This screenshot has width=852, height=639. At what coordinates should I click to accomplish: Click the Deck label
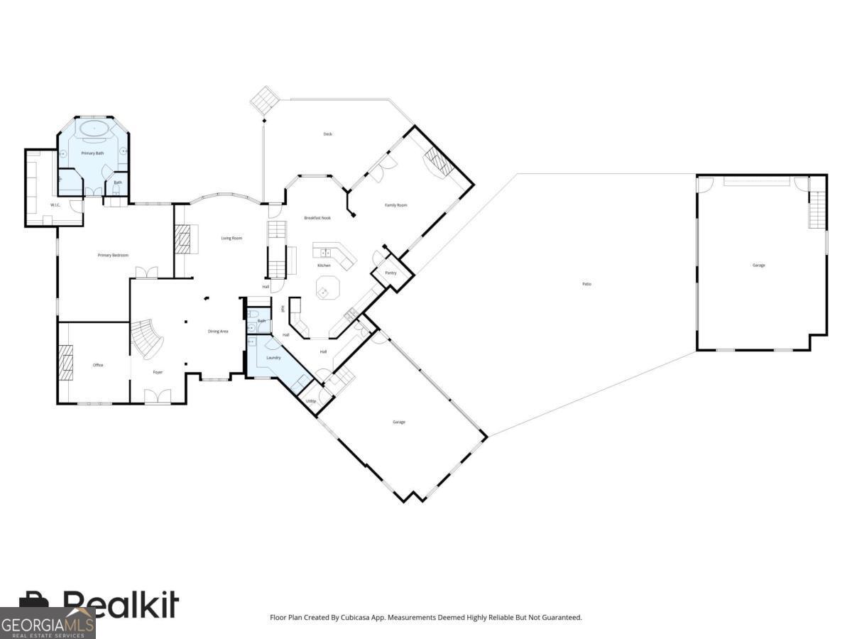click(x=327, y=134)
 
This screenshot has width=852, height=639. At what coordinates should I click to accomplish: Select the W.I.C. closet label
click(x=54, y=205)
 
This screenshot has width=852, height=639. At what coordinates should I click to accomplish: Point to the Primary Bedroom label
click(x=113, y=255)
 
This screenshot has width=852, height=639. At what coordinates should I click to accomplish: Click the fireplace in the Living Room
click(x=183, y=239)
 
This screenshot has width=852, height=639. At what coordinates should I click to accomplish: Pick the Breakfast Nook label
click(x=317, y=218)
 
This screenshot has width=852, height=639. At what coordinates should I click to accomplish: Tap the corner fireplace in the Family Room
click(x=437, y=162)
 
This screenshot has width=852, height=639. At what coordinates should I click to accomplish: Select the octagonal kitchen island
click(x=327, y=289)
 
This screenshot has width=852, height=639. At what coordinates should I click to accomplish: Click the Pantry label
click(x=390, y=273)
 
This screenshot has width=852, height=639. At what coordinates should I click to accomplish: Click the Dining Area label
click(x=218, y=332)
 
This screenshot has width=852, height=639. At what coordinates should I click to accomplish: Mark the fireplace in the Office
click(x=65, y=363)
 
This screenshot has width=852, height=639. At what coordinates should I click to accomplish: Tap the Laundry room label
click(x=273, y=358)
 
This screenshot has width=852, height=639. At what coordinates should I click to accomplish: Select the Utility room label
click(x=311, y=401)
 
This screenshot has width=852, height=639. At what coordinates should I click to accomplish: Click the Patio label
click(x=586, y=284)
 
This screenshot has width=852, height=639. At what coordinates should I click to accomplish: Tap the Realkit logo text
click(x=121, y=605)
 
